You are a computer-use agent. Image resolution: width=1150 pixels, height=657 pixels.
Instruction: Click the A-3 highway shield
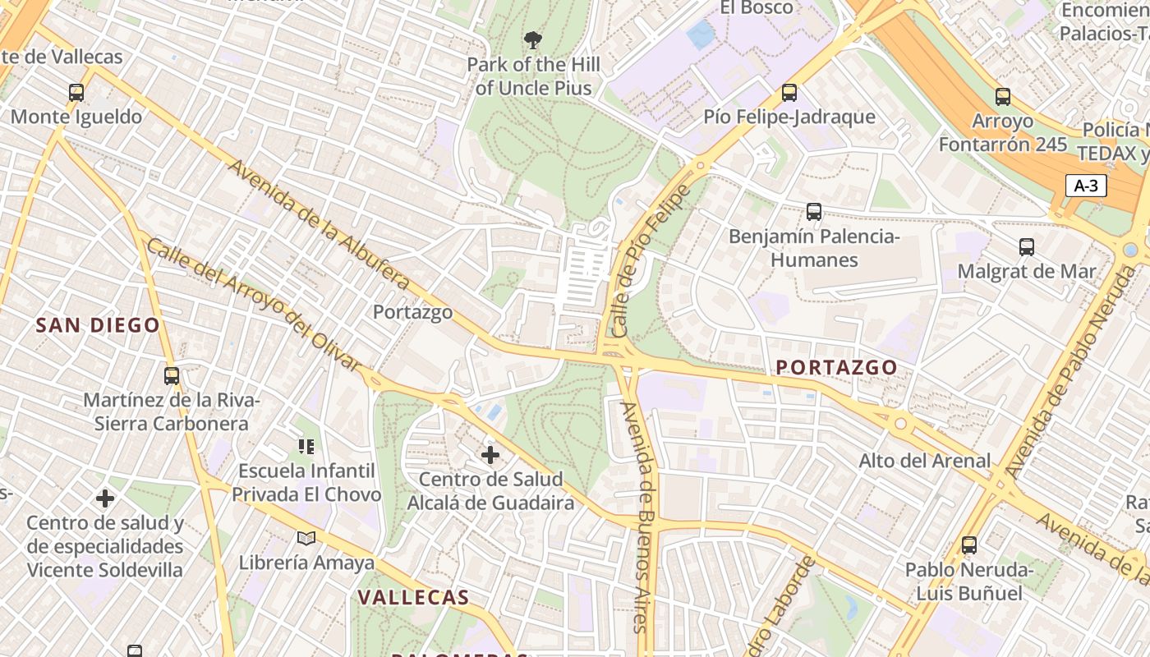[1086, 186]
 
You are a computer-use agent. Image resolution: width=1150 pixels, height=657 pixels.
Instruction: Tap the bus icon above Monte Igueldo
[76, 93]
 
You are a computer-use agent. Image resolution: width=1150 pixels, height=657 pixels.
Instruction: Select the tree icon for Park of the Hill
[533, 39]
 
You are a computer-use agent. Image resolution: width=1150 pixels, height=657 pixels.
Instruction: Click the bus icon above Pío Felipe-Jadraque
[789, 93]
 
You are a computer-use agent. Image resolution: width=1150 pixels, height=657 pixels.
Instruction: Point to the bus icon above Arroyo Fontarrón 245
[1003, 97]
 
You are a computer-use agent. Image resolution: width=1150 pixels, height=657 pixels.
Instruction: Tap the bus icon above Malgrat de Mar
[1027, 247]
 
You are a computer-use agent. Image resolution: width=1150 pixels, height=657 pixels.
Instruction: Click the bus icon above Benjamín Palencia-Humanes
[814, 212]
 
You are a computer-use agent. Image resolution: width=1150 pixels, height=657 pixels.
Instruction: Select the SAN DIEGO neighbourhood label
[98, 325]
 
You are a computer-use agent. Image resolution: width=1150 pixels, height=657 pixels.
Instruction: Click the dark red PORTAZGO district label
[836, 367]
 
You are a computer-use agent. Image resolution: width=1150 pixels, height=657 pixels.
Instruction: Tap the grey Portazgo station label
[412, 312]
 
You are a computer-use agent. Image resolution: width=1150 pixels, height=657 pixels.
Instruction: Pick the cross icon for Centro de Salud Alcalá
[490, 455]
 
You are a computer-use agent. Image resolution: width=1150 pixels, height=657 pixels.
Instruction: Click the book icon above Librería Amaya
[306, 539]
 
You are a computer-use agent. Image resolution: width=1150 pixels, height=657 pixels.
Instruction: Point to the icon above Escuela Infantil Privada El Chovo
[306, 447]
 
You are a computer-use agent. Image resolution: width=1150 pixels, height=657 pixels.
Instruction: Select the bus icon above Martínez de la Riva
[172, 376]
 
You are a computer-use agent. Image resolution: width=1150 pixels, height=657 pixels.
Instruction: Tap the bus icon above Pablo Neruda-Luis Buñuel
[969, 545]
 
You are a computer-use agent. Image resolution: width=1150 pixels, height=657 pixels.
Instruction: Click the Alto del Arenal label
[925, 461]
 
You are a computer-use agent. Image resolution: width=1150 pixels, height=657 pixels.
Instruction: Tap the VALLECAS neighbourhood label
[413, 597]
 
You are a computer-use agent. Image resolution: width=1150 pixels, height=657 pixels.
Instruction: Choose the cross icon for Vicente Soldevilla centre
[105, 498]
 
